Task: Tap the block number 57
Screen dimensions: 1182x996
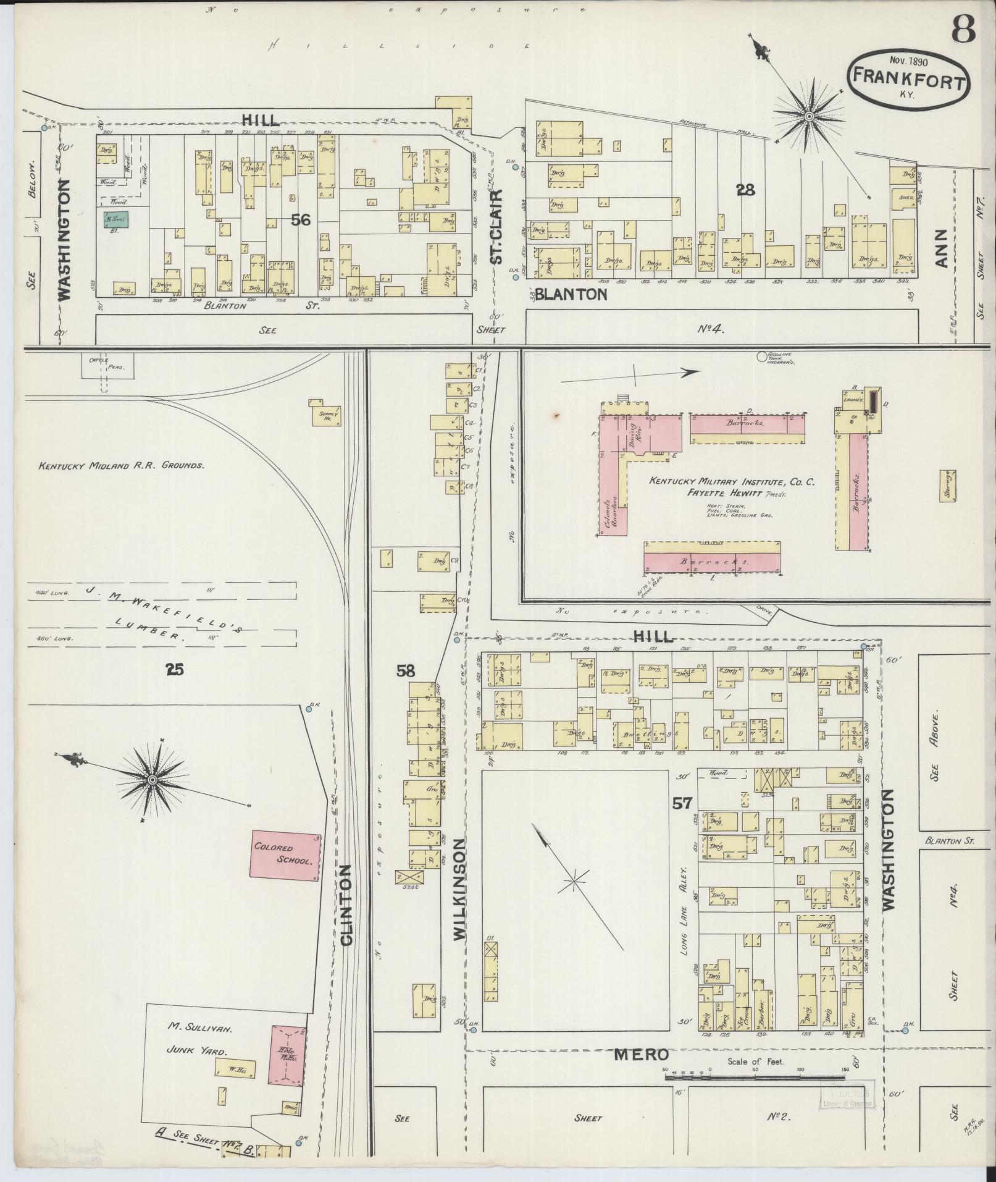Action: [683, 803]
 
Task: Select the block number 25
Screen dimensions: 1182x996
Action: [175, 668]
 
